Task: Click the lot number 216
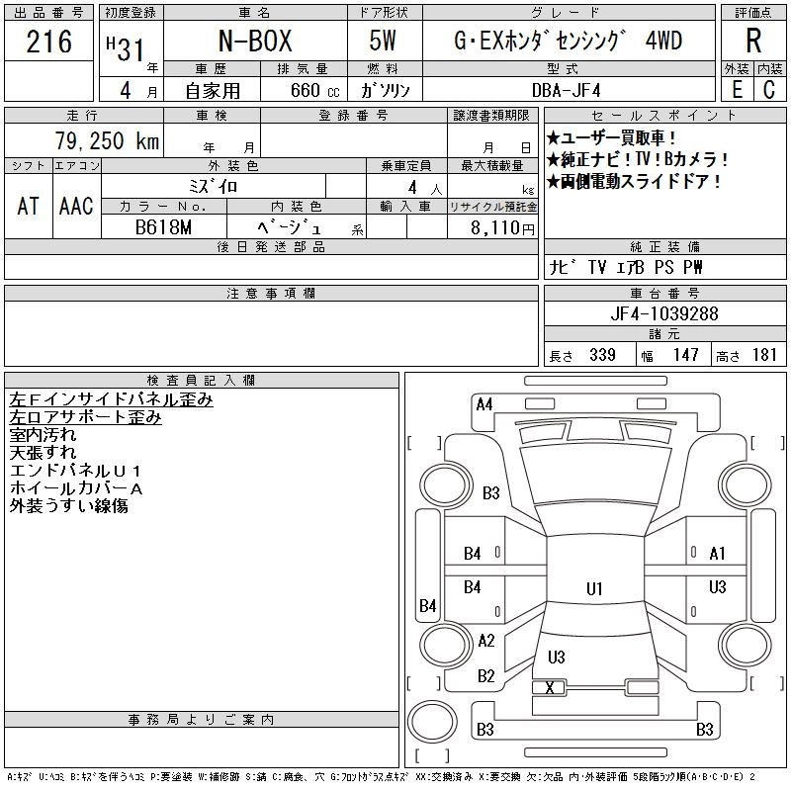49,43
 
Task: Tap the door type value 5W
385,43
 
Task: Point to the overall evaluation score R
753,43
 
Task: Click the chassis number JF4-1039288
664,313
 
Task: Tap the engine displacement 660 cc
313,90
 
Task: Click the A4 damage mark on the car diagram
484,403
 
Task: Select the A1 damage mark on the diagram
718,554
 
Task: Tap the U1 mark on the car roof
594,589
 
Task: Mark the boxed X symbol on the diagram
550,687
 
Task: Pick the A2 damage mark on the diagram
485,641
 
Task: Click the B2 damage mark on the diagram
485,676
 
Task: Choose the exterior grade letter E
737,90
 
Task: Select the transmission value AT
29,206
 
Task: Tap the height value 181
765,355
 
